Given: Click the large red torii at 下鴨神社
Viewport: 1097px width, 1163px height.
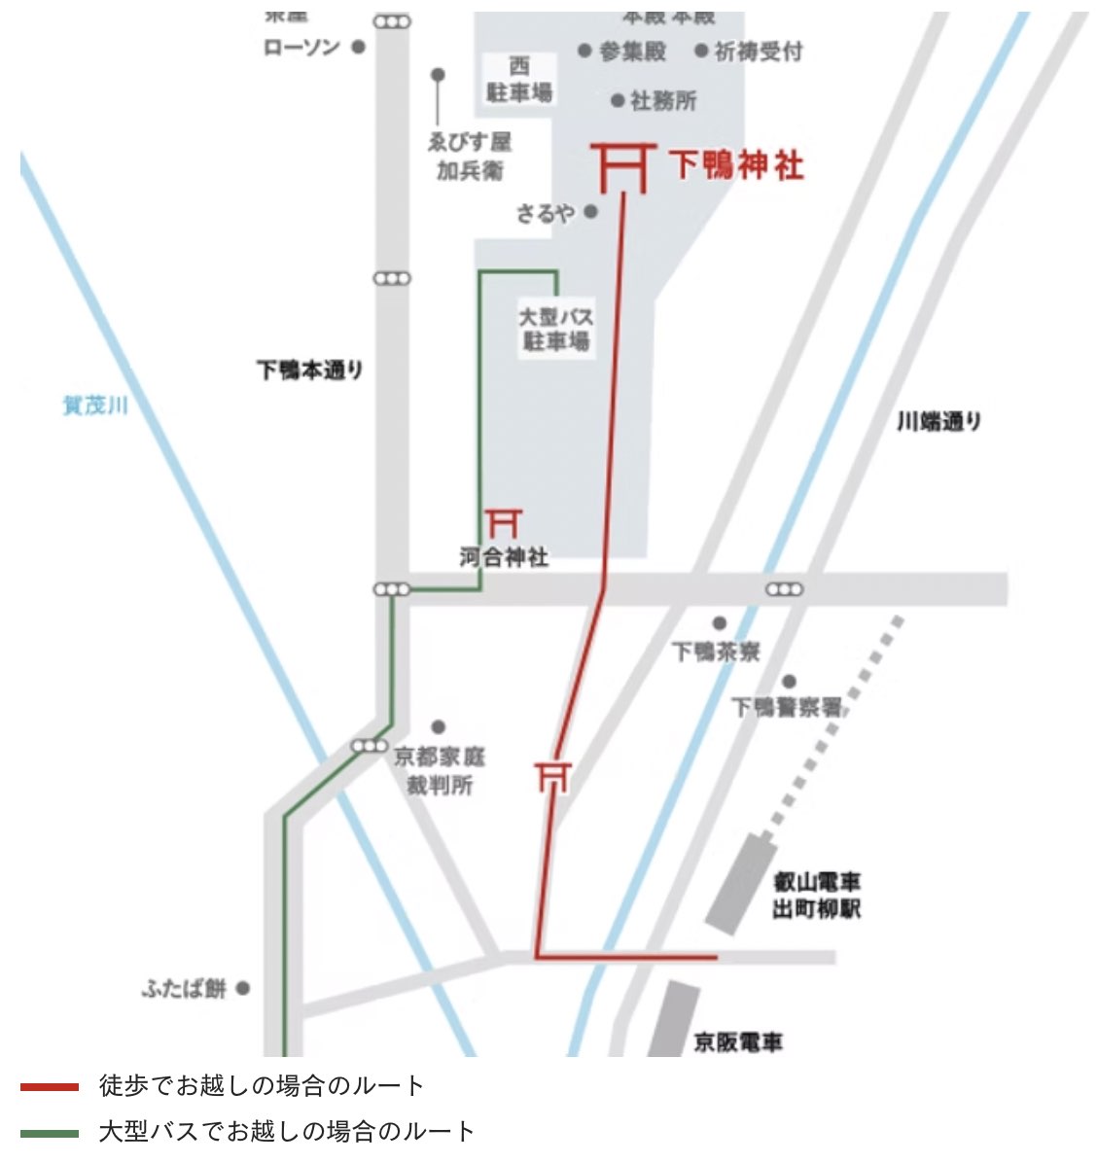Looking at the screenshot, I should pos(622,168).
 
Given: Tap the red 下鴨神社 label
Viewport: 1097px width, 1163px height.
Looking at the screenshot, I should pos(737,165).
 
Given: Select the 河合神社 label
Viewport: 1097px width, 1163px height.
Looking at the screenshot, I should pos(504,557).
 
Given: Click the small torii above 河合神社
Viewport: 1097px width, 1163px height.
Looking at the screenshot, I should pos(504,522).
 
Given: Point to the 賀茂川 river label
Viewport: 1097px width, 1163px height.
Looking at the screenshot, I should pos(95,405).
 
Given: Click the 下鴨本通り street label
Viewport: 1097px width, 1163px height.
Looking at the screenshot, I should pos(310,370).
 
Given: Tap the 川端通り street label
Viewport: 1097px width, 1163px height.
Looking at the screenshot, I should pos(938,422).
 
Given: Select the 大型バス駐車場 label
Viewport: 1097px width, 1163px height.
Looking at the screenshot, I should pos(555,330).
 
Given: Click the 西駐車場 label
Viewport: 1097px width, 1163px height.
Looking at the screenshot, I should pos(519,80).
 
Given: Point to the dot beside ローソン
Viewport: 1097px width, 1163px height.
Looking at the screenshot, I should pos(358,47).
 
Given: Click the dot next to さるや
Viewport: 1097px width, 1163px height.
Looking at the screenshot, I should pos(591,211).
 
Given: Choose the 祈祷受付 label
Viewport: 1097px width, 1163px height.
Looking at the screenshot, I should pos(759,52).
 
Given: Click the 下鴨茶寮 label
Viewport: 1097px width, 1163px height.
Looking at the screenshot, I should pos(716,651).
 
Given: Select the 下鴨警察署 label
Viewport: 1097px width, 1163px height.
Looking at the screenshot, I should pos(787,707).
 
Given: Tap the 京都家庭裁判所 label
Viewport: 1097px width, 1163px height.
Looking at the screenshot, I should pos(440,770).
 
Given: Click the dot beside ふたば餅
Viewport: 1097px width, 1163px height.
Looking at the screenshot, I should pos(243,988).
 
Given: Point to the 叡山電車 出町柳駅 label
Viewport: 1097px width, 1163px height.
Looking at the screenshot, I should pos(817,896).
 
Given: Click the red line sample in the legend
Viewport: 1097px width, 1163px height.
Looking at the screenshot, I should pos(50,1086).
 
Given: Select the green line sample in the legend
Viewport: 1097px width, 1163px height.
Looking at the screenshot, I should pos(50,1133).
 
